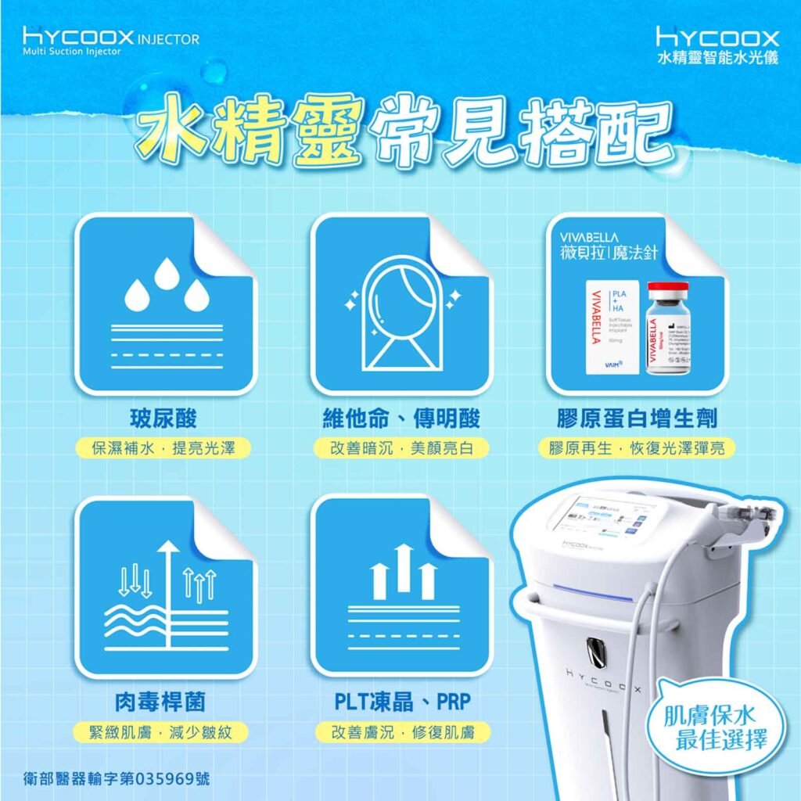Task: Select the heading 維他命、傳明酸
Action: (400, 418)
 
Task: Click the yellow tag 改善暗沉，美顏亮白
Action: (400, 448)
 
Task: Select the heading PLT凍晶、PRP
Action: (400, 702)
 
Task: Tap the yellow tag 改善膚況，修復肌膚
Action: (400, 732)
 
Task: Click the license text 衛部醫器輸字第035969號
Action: (117, 780)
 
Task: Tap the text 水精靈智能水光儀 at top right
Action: (717, 58)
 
